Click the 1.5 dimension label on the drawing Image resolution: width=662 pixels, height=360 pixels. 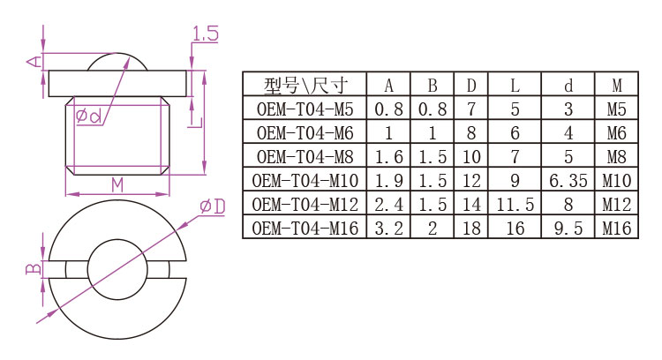click(x=205, y=35)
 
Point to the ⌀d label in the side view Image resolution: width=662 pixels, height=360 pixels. click(x=88, y=116)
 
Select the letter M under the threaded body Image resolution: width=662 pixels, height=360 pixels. click(x=117, y=184)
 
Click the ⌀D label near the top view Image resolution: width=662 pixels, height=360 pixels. click(x=213, y=206)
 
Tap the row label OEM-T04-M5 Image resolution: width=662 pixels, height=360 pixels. click(x=305, y=109)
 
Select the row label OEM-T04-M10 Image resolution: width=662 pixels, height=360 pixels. click(x=305, y=181)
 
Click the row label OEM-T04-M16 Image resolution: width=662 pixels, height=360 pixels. click(x=305, y=229)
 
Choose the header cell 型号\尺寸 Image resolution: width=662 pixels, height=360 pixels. click(x=305, y=86)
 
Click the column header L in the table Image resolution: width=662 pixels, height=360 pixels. click(x=514, y=86)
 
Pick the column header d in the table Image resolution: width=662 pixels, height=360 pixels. click(x=568, y=86)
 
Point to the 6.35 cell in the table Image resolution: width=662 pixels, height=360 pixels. click(x=568, y=181)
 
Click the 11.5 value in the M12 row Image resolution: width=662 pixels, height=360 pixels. click(x=514, y=205)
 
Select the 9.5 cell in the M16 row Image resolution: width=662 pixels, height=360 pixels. click(x=568, y=229)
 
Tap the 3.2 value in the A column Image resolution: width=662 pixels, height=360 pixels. click(x=389, y=229)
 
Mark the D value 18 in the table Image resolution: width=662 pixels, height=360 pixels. click(x=471, y=229)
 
